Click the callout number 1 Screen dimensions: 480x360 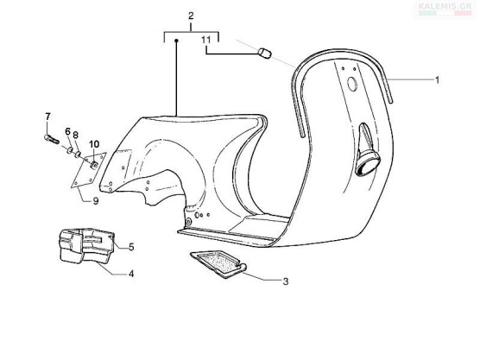tap(438, 80)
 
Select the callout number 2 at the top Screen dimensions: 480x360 tap(191, 16)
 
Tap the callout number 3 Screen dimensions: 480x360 tap(286, 281)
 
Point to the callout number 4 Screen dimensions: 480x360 tap(131, 274)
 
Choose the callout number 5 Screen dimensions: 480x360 tap(131, 247)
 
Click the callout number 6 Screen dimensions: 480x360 tap(67, 131)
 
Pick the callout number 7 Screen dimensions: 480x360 tap(47, 117)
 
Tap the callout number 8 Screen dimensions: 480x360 tap(76, 135)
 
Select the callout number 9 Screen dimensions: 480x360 tap(96, 201)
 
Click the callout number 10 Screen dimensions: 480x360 tap(94, 144)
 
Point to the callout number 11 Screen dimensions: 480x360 tap(206, 40)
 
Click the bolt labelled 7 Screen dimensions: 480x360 tap(52, 139)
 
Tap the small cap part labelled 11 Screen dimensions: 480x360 tap(265, 53)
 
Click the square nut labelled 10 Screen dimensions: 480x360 tap(94, 165)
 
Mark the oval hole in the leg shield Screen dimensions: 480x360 tap(352, 84)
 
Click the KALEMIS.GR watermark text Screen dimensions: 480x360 tap(445, 6)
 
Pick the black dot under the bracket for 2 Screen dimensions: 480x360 tap(176, 41)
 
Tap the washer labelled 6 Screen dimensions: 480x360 tap(70, 150)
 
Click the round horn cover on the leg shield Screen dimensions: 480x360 tap(368, 164)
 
